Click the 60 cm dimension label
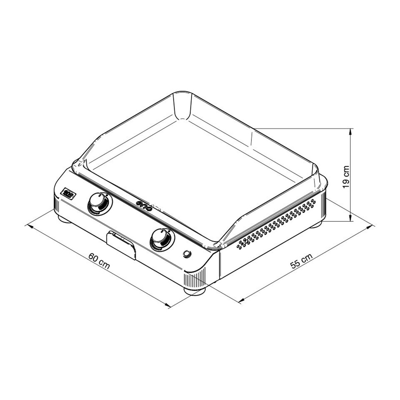click(99, 262)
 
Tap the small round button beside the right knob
click(187, 254)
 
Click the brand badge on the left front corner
click(68, 192)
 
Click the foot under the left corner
click(64, 219)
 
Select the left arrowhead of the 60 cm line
click(30, 226)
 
